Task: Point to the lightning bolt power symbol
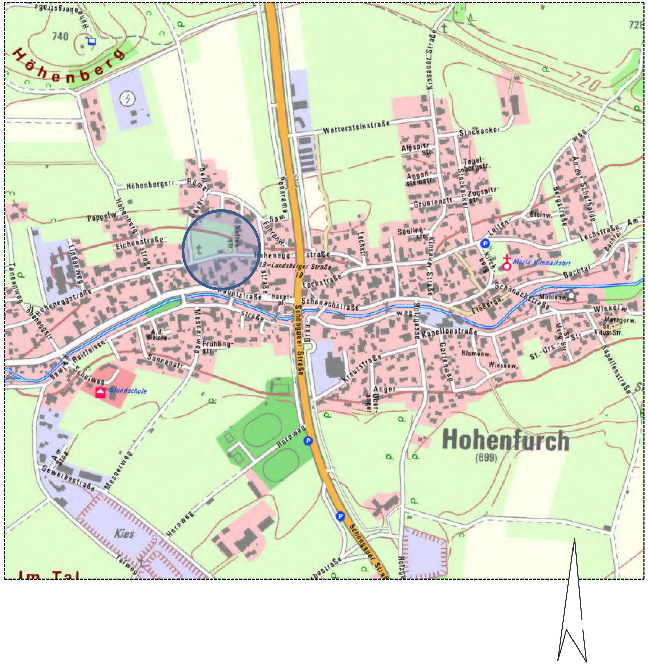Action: [128, 99]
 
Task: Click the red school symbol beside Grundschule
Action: [100, 392]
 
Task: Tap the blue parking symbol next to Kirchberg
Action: [485, 243]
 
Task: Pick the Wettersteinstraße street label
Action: [356, 127]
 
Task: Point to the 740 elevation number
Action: [60, 36]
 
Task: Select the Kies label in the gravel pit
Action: [124, 533]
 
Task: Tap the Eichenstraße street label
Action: [139, 243]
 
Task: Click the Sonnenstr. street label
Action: [165, 362]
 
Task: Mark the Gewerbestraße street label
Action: [68, 478]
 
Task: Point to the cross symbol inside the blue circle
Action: [199, 249]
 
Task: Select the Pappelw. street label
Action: [102, 217]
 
